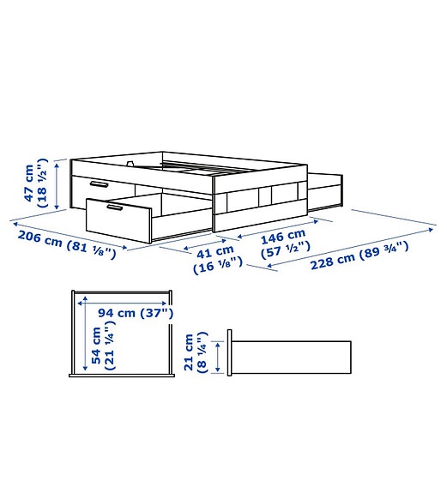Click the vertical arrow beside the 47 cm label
tap(57, 184)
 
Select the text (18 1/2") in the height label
tap(42, 183)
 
